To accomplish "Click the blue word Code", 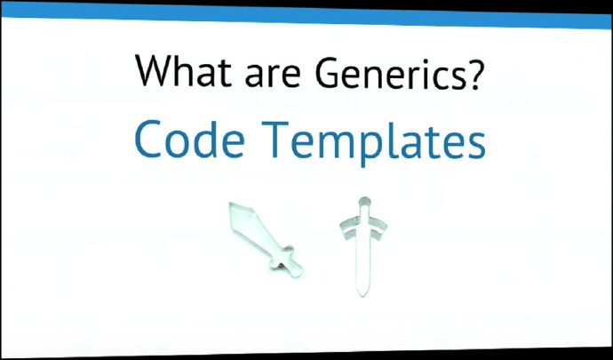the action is (189, 140).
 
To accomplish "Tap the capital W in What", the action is (155, 71).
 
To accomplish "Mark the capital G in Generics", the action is (327, 72).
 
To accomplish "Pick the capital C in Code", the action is (148, 140).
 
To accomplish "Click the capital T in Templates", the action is (275, 140).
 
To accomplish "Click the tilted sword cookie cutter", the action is (266, 239).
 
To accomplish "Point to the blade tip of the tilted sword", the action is (231, 204).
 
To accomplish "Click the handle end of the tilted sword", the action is (299, 272).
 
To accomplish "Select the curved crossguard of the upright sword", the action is (363, 226).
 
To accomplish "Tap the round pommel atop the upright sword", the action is (364, 202).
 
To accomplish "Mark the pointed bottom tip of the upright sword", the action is (362, 295).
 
